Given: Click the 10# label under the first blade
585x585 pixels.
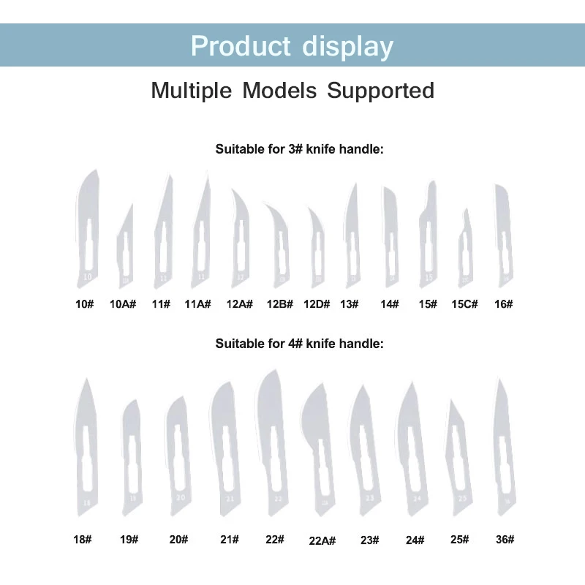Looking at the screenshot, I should pos(85,303).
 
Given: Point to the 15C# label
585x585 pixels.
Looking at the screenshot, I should pos(464,303).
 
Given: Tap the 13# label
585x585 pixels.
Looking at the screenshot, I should pos(349,303).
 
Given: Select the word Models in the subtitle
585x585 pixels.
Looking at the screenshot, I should pos(280,91).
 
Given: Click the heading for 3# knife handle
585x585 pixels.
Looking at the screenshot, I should pos(299,149).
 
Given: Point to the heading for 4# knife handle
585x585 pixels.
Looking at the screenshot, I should pos(299,342).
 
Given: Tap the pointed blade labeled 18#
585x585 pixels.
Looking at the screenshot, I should pos(86,446).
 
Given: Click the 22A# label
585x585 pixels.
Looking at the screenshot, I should pos(322,541).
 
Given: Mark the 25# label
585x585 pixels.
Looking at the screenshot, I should pos(459,539).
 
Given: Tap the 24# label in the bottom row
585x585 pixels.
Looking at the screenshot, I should pos(415,540).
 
